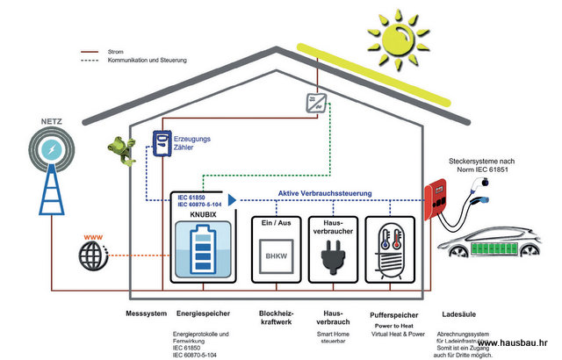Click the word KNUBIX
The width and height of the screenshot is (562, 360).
coord(191,212)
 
